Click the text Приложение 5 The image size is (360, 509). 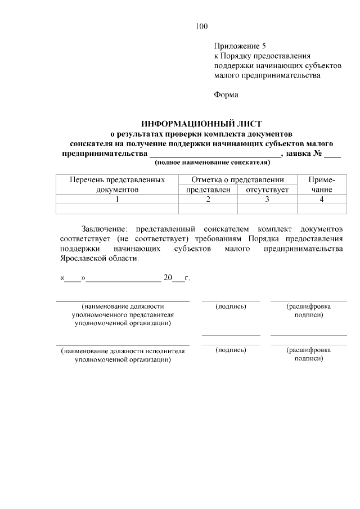click(240, 46)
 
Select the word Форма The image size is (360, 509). click(226, 94)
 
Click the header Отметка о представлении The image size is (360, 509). click(237, 180)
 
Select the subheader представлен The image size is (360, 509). click(208, 190)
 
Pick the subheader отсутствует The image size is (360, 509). click(267, 190)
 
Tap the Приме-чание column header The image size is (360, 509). click(322, 185)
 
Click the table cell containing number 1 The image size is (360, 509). click(117, 199)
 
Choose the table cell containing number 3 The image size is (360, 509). click(267, 199)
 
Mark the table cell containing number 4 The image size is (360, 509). click(322, 199)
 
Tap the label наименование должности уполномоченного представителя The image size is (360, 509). click(123, 315)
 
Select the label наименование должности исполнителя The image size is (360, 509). click(123, 354)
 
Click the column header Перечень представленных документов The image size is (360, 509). click(117, 185)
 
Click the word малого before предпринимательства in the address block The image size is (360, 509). click(227, 75)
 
